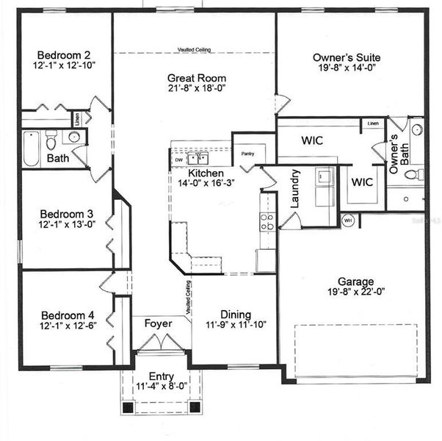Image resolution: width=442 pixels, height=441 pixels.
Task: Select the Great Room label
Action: [x=197, y=78]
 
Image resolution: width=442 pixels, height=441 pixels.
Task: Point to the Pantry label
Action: [x=247, y=154]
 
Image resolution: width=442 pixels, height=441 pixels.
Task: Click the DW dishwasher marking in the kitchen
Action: [x=178, y=159]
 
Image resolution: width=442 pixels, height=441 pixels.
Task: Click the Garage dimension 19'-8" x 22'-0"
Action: [x=355, y=293]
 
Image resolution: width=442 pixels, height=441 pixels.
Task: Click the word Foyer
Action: [x=158, y=322]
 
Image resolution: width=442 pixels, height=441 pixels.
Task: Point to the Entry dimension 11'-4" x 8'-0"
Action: [x=162, y=387]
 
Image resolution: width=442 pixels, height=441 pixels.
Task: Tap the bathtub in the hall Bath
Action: [x=30, y=148]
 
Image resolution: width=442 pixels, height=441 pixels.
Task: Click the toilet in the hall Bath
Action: [x=51, y=138]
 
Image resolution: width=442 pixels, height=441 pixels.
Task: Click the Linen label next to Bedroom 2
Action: [x=77, y=116]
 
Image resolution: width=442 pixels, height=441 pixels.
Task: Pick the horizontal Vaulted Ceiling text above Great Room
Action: [x=195, y=50]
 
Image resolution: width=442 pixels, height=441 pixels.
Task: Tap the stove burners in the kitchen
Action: [x=268, y=221]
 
